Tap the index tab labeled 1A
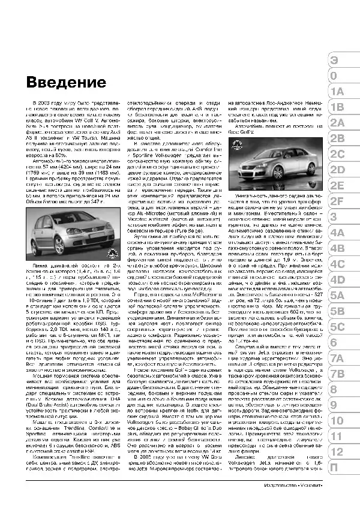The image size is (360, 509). tap(337, 92)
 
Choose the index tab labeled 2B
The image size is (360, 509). tap(338, 138)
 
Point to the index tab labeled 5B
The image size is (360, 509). tap(338, 311)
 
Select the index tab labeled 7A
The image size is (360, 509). tap(338, 358)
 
